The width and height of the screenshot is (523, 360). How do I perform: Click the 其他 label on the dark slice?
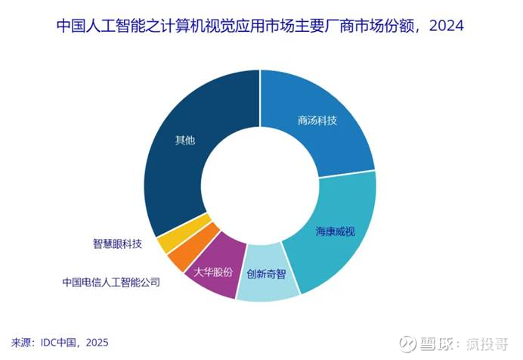click(x=185, y=141)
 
